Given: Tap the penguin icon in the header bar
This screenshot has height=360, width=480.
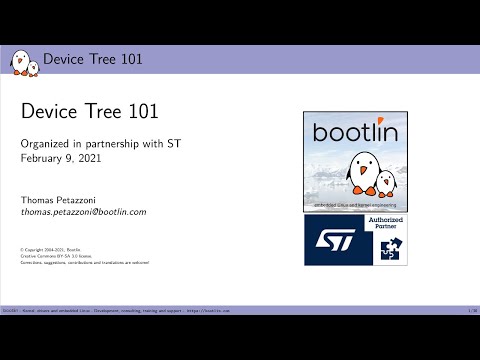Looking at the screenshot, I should click(x=25, y=61).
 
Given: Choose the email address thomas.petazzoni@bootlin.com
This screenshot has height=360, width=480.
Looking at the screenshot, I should click(x=84, y=212).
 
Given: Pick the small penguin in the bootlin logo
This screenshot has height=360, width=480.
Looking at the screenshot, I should click(x=385, y=184).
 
